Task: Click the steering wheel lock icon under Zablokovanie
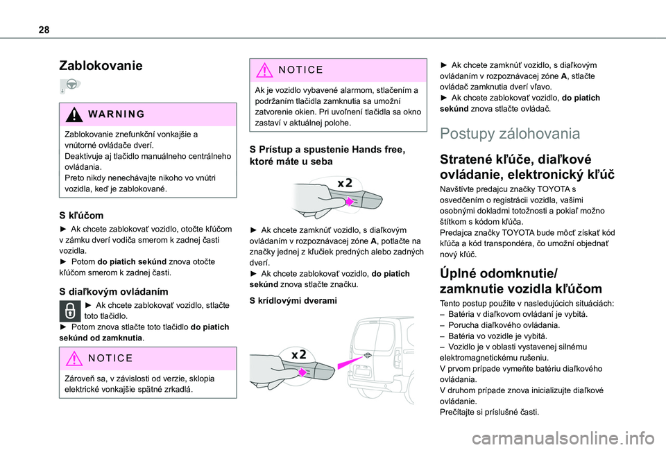(x=70, y=87)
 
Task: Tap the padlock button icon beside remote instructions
(x=70, y=310)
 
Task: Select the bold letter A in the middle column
(x=373, y=250)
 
